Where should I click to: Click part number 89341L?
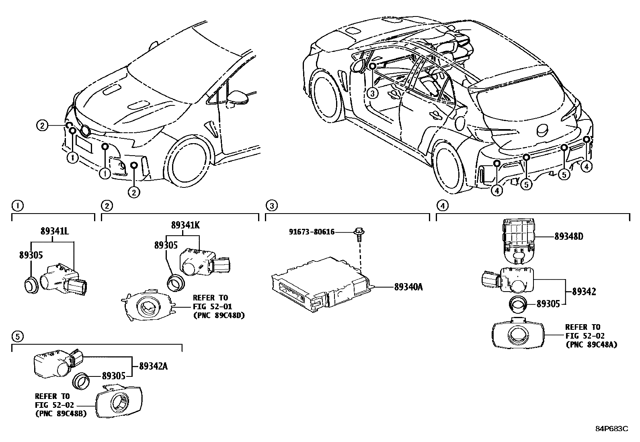[x=55, y=231]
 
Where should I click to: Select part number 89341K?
[x=185, y=225]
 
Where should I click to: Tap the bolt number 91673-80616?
[x=312, y=232]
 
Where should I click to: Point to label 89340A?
[x=408, y=287]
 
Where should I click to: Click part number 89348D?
[x=568, y=237]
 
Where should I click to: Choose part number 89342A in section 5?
[x=153, y=366]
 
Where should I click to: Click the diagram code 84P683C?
[x=611, y=429]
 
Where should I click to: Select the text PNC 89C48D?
[x=219, y=315]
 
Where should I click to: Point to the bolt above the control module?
[x=358, y=233]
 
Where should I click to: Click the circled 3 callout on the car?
[x=373, y=93]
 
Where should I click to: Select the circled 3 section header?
[x=272, y=206]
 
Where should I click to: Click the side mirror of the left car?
[x=236, y=97]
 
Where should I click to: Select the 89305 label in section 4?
[x=548, y=304]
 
